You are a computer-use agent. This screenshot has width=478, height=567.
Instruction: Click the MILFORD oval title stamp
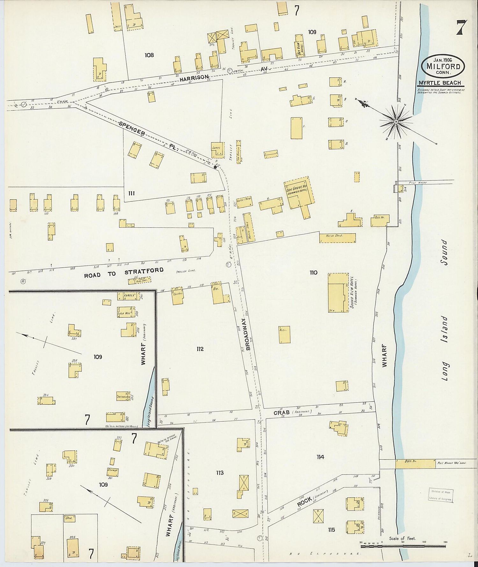coord(443,66)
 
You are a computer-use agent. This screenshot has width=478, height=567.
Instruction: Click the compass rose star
coord(396,121)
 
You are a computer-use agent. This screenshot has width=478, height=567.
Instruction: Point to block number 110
coord(313,273)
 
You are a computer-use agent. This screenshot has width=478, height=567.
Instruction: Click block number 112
coord(200,349)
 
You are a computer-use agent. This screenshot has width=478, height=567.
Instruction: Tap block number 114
coord(320,457)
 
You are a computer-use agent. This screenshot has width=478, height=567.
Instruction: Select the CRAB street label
coord(281,413)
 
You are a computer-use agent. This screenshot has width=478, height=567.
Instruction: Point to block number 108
coord(149,55)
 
